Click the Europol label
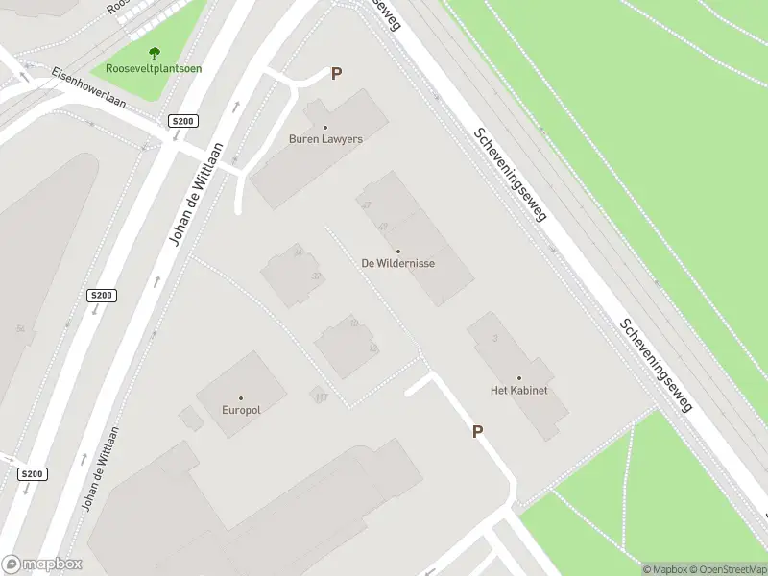point(241,410)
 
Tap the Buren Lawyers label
point(325,139)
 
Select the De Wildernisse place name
point(398,263)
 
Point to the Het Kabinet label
point(518,391)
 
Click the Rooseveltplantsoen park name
point(153,69)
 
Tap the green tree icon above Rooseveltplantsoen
point(154,53)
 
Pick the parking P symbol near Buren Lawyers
point(336,73)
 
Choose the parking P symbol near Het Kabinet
point(477,432)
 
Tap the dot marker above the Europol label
point(241,397)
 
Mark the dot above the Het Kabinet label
point(519,378)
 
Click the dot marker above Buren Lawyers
point(325,127)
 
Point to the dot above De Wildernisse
point(398,252)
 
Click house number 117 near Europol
point(321,397)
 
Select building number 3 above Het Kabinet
point(494,338)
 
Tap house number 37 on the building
point(316,276)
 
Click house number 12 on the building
point(373,348)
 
